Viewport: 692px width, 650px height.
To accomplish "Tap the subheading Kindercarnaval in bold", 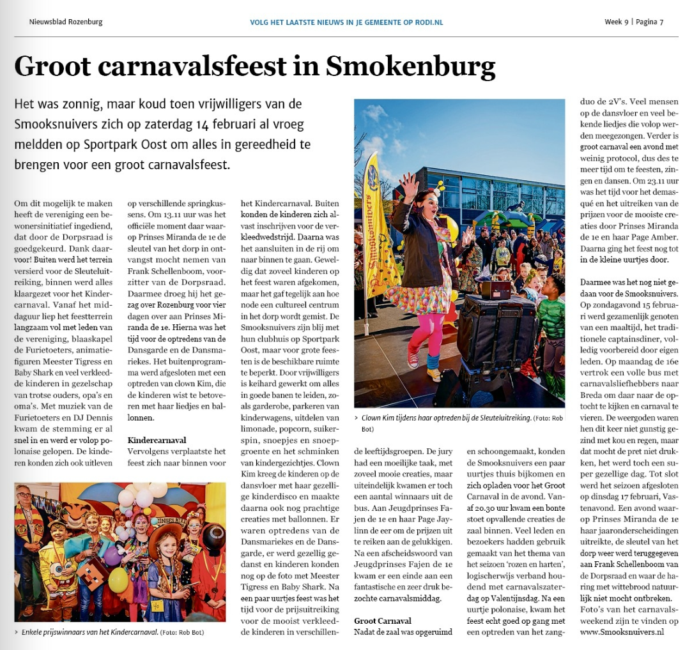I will point(158,440).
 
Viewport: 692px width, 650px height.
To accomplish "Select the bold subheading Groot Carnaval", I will point(383,620).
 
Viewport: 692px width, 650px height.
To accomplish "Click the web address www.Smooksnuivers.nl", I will point(622,631).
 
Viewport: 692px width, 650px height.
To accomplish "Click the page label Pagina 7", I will point(649,22).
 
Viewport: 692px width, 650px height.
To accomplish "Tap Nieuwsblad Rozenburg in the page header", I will point(66,22).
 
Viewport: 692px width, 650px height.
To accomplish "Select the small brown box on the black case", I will point(496,290).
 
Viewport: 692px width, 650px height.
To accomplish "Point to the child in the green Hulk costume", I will point(551,313).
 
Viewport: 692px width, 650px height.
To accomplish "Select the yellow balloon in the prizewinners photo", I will point(118,580).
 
